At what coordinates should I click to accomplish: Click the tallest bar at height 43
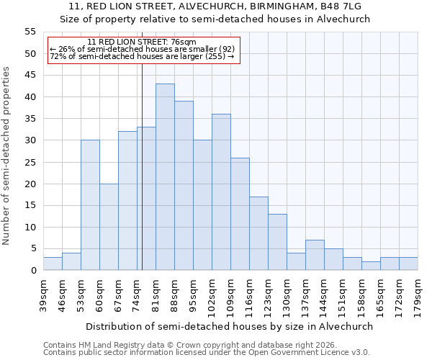coord(165,177)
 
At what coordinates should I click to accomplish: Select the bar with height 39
coord(184,186)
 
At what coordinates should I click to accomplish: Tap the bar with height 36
coord(221,192)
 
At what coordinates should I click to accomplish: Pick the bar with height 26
coord(240,214)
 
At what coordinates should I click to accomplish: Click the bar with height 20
coord(109,227)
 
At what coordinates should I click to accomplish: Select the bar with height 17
coord(258,233)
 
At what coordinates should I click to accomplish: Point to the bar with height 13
coord(277,242)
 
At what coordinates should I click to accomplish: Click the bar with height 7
coord(315,255)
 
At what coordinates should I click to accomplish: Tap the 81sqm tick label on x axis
coord(156,294)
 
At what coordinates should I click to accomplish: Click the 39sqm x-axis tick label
coord(44,294)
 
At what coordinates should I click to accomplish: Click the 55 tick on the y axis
coord(30,32)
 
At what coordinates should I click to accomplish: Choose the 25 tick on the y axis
coord(30,162)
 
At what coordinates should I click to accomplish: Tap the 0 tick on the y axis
coord(33,271)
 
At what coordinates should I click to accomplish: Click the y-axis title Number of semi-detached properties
coord(7,156)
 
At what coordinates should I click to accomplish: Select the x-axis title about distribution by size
coord(228,326)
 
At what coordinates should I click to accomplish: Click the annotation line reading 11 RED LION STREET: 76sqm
coord(141,42)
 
